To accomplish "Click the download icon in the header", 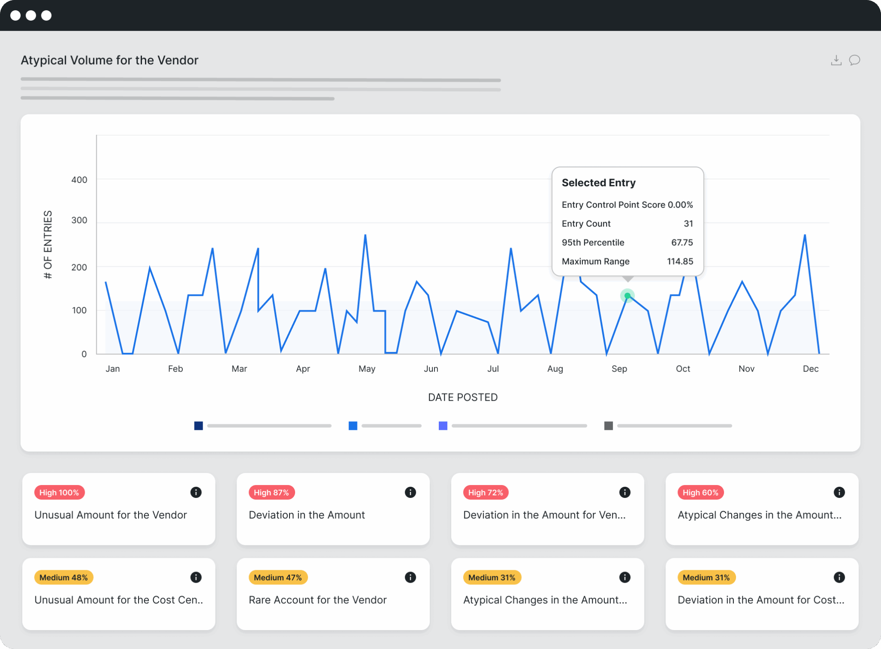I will tap(836, 60).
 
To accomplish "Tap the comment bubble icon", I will tap(854, 60).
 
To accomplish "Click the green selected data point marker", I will tap(627, 296).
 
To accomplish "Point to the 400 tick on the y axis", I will tap(79, 180).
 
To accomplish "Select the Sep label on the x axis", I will tap(619, 369).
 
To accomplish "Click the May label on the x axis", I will tap(367, 369).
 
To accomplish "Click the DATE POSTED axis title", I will tap(462, 397).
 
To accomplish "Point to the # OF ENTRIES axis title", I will tap(48, 244).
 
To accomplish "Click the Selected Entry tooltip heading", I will tap(598, 183).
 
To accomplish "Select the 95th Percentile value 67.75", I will tap(682, 242).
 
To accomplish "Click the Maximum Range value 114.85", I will tap(680, 261).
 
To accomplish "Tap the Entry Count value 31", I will tap(688, 223).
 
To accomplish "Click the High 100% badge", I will tap(59, 492).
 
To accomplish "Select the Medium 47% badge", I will tap(278, 578).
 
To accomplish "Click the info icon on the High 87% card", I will tap(410, 492).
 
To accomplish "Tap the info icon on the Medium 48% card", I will tap(196, 578).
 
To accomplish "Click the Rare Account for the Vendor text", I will tap(317, 600).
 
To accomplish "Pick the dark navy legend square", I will tap(198, 426).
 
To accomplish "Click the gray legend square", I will tap(608, 426).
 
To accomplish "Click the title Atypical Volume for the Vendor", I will tap(110, 60).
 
